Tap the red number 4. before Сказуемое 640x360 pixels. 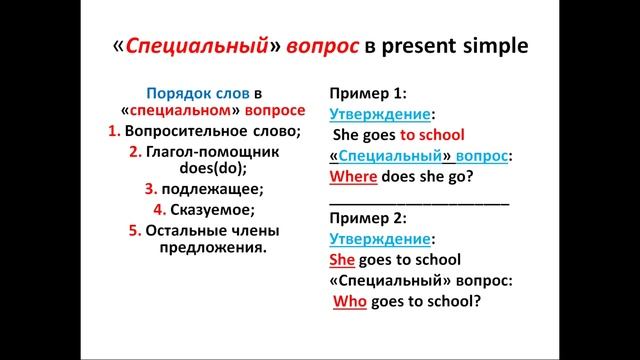pos(158,210)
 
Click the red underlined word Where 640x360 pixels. pos(352,177)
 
